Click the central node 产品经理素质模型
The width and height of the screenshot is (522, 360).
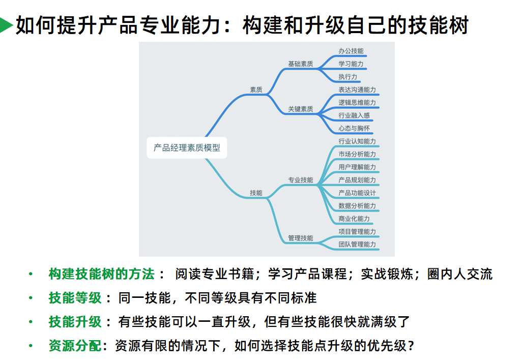[187, 148]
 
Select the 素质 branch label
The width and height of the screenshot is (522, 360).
[256, 90]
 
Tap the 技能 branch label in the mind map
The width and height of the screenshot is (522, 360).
[256, 193]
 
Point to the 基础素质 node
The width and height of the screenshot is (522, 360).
[300, 64]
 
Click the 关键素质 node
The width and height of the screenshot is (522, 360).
[300, 109]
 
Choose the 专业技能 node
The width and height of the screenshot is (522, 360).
[300, 180]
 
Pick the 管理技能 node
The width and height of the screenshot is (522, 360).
[300, 238]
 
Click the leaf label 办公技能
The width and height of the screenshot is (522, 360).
[351, 51]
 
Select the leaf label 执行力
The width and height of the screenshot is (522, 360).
[348, 77]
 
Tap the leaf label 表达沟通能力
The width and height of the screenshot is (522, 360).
[357, 90]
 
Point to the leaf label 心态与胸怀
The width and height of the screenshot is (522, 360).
[354, 128]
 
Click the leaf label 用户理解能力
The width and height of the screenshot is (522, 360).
[357, 167]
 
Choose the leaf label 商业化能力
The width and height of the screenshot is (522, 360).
[354, 219]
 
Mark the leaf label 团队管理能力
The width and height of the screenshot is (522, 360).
[357, 244]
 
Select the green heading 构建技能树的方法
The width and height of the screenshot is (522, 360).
[101, 274]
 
